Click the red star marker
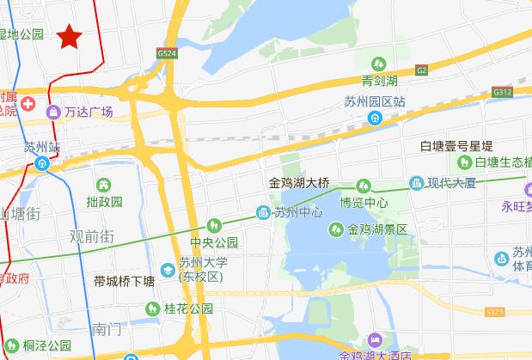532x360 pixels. [x=70, y=36]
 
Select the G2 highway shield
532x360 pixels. [x=419, y=70]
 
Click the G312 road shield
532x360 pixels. [x=502, y=92]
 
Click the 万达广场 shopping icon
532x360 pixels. [x=54, y=111]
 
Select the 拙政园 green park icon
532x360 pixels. [x=104, y=185]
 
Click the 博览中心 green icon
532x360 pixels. [x=363, y=186]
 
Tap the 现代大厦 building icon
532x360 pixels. [x=417, y=183]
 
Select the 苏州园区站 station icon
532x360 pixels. [x=375, y=119]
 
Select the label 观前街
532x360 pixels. [x=92, y=235]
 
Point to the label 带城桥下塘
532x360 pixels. [x=125, y=281]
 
